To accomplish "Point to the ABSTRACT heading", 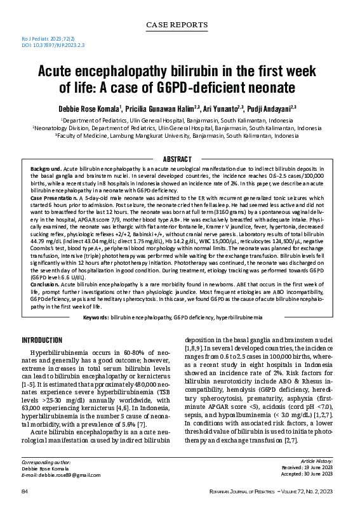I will point(180,158).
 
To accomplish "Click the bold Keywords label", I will point(95,316).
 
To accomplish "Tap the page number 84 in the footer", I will point(25,491).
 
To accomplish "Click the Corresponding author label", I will point(49,462).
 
